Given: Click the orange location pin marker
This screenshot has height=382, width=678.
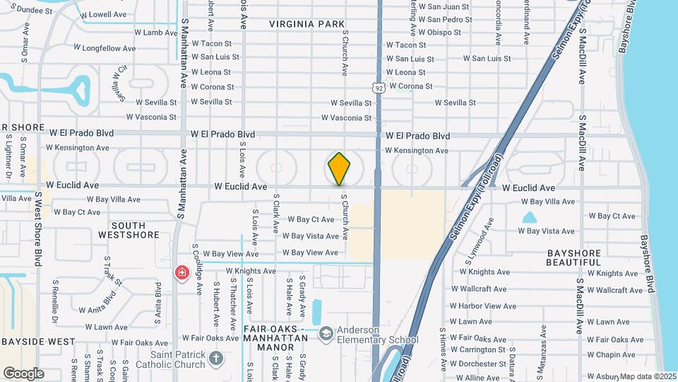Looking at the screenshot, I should pos(339,168).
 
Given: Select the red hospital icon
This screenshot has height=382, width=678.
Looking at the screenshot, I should pos(182,273).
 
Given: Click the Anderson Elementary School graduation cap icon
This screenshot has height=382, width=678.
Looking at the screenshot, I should pos(326,333).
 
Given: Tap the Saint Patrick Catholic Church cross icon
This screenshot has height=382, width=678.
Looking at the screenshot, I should pos(216,358).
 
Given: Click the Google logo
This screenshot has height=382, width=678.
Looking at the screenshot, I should pos(23,374).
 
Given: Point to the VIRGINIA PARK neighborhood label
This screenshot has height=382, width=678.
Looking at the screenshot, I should pos(307,24).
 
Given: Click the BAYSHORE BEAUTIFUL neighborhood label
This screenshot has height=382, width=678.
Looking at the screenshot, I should pos(573,257).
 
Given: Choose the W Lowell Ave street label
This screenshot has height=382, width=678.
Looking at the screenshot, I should pos(103,14).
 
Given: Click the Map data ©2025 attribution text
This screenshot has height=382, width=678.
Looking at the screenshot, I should pos(648,376).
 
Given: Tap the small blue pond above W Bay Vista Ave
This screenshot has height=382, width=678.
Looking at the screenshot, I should pos(530,218).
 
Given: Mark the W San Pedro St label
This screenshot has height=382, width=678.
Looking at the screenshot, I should pos(444,20).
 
